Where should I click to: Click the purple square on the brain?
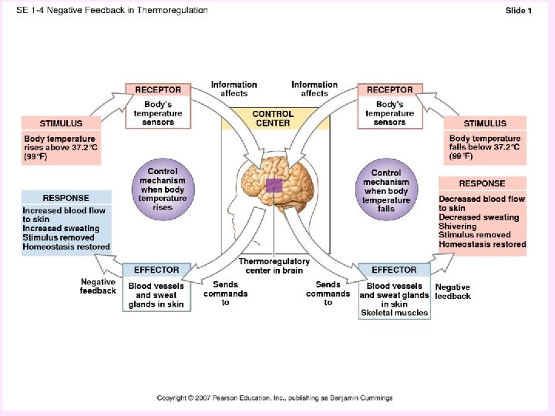click(274, 186)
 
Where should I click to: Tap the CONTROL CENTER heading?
click(273, 118)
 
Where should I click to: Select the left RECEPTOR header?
click(158, 89)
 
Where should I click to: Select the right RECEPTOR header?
click(389, 89)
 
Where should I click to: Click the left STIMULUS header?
click(61, 122)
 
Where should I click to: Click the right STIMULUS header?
click(485, 122)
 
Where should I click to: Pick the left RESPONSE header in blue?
click(66, 197)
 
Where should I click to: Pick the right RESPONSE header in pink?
click(482, 183)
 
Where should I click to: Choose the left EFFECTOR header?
click(156, 270)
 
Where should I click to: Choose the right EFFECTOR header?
click(394, 270)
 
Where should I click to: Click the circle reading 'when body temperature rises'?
click(162, 190)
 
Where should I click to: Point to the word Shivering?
click(458, 226)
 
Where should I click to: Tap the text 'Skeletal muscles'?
click(394, 313)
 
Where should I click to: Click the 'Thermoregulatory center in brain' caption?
click(274, 266)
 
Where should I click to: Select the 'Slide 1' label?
click(518, 10)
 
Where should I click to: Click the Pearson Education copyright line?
click(274, 398)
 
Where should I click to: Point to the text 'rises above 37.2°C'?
click(60, 147)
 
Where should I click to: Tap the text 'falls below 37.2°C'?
click(484, 147)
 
